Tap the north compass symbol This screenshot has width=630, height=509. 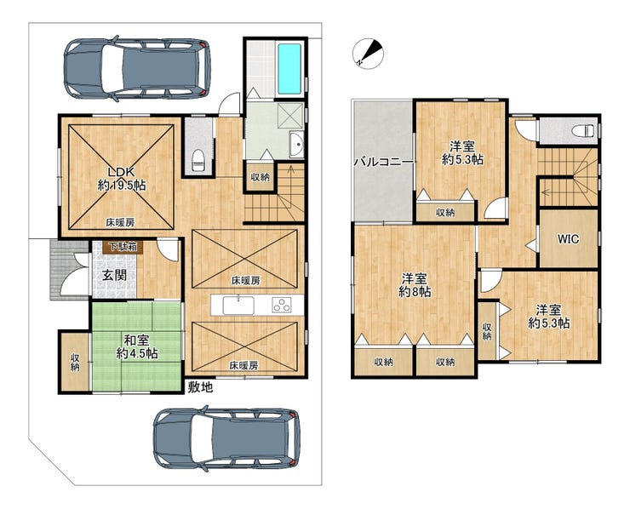[x=368, y=53]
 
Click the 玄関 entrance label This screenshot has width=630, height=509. [x=114, y=275]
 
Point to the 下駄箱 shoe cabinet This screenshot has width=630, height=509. [x=123, y=247]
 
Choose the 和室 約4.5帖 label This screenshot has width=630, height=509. [x=136, y=347]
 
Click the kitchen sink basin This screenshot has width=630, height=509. [x=238, y=306]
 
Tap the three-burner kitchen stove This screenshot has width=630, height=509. [x=282, y=305]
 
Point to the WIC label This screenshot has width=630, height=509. [x=568, y=239]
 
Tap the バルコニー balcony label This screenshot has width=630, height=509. [x=384, y=163]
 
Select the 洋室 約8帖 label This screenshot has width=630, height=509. [x=415, y=285]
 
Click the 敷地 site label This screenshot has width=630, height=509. [x=200, y=387]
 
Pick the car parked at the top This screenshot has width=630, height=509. [x=137, y=68]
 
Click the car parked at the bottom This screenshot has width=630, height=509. [x=226, y=438]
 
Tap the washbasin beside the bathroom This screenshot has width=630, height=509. [x=296, y=145]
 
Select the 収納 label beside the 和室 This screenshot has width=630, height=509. [x=75, y=362]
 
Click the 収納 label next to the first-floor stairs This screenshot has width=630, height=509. [x=260, y=177]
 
